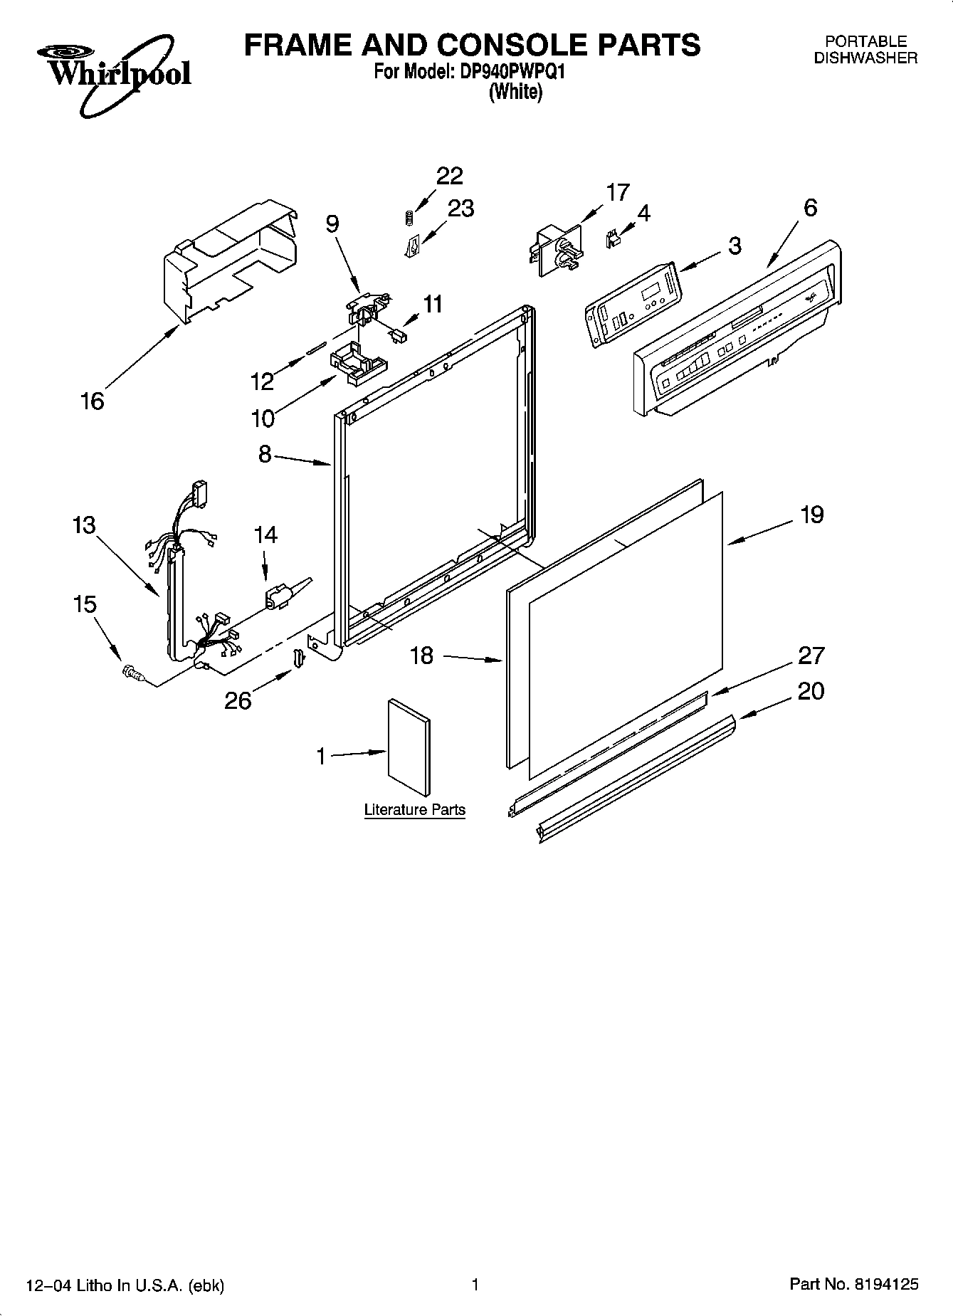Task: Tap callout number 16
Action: pyautogui.click(x=93, y=401)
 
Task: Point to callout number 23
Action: pyautogui.click(x=460, y=209)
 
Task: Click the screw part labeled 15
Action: pyautogui.click(x=132, y=671)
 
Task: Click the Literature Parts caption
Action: pyautogui.click(x=414, y=810)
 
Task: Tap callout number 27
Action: pyautogui.click(x=811, y=655)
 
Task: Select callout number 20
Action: pyautogui.click(x=811, y=691)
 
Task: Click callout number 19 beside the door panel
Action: pyautogui.click(x=811, y=514)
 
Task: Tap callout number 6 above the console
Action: pyautogui.click(x=810, y=208)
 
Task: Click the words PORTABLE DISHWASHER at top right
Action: pyautogui.click(x=865, y=51)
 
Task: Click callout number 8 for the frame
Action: pyautogui.click(x=265, y=454)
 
